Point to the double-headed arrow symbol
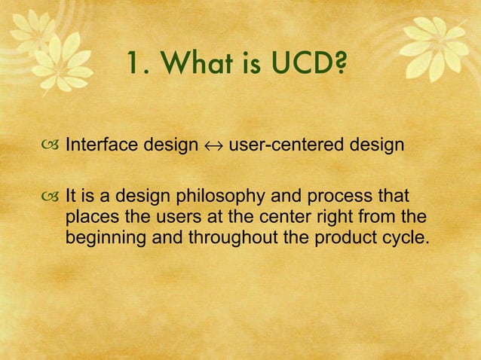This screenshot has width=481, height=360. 212,145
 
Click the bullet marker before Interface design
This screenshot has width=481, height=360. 51,145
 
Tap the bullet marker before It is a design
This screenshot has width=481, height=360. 51,199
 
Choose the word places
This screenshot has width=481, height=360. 89,218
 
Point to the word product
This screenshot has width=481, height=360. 335,238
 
